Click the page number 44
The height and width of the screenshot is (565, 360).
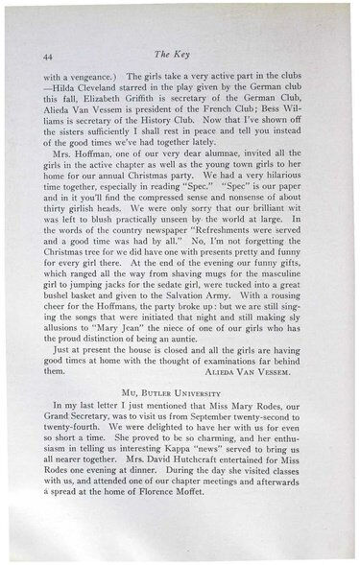coord(47,59)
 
